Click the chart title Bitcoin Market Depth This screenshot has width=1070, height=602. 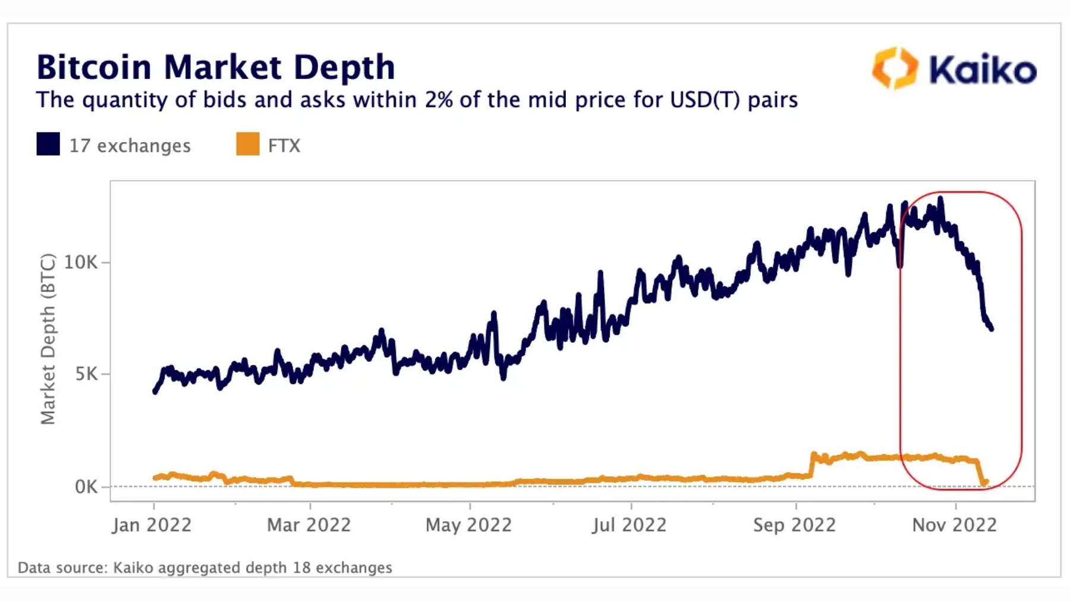pyautogui.click(x=215, y=67)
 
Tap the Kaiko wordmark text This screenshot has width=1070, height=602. pyautogui.click(x=983, y=70)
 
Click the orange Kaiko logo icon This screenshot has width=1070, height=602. pyautogui.click(x=895, y=68)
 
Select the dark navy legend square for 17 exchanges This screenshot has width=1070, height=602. pyautogui.click(x=48, y=144)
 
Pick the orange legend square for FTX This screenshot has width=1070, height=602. pyautogui.click(x=247, y=144)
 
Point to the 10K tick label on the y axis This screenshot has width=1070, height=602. pyautogui.click(x=80, y=262)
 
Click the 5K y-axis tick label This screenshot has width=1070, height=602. pyautogui.click(x=86, y=374)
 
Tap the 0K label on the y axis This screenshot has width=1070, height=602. pyautogui.click(x=86, y=487)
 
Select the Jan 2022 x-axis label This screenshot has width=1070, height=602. pyautogui.click(x=152, y=525)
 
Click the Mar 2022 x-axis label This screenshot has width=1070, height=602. pyautogui.click(x=309, y=525)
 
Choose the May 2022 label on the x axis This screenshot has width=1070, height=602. pyautogui.click(x=468, y=525)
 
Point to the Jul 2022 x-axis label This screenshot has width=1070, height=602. pyautogui.click(x=629, y=525)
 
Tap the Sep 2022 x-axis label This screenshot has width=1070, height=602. pyautogui.click(x=794, y=525)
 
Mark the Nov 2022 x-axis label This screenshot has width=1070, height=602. pyautogui.click(x=954, y=525)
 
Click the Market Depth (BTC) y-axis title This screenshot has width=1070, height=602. pyautogui.click(x=48, y=339)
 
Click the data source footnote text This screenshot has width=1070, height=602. pyautogui.click(x=204, y=568)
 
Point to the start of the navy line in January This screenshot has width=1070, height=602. pyautogui.click(x=155, y=391)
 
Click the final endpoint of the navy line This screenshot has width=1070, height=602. pyautogui.click(x=992, y=328)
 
